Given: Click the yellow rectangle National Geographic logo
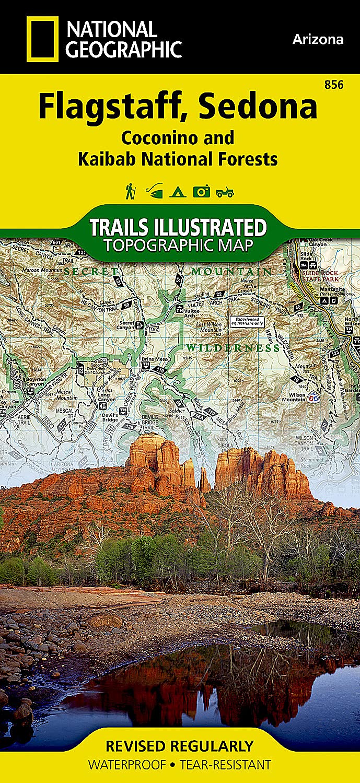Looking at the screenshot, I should [42, 39].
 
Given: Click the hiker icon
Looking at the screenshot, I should [130, 191].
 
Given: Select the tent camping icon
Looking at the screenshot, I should [178, 192].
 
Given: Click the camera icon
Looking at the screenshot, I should [201, 192].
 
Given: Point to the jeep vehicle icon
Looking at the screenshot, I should [225, 192].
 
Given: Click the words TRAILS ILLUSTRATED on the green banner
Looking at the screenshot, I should [178, 228].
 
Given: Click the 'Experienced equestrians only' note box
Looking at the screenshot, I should [248, 321].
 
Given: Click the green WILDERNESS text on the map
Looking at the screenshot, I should [234, 347].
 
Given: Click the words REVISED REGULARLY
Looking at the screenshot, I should [179, 746].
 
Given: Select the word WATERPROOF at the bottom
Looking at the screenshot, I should [127, 765].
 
